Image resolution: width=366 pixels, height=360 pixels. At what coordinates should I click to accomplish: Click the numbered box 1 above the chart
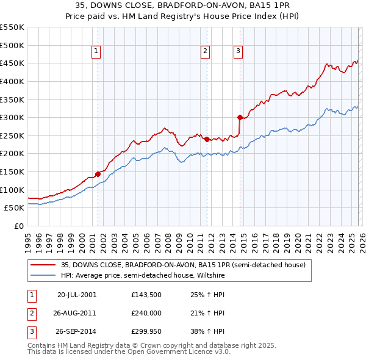(97, 52)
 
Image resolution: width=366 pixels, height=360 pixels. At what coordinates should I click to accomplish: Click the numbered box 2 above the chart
(206, 52)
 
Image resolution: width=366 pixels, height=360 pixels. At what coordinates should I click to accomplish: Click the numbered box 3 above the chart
(239, 52)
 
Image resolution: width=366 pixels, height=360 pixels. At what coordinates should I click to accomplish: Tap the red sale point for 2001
(98, 174)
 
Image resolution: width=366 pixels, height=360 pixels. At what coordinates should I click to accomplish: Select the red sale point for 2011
(207, 139)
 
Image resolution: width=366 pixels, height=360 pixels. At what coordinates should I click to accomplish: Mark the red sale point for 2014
(240, 117)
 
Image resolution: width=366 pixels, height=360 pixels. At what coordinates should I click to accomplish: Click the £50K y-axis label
(15, 208)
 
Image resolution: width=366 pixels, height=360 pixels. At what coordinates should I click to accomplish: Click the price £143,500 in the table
(146, 294)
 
